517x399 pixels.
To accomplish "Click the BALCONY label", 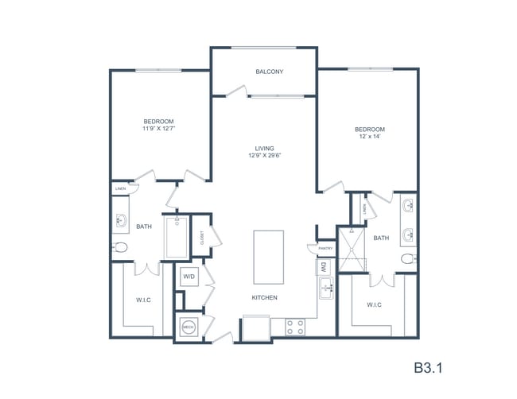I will click(x=270, y=72).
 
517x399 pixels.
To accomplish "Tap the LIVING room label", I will click(x=265, y=149).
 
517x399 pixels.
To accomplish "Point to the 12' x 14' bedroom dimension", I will click(x=370, y=137).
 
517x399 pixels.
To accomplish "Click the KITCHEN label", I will click(x=266, y=298).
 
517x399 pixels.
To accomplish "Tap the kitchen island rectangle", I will click(x=269, y=257).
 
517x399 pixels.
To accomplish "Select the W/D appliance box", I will click(x=189, y=277).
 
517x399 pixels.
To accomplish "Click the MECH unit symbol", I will click(x=189, y=326).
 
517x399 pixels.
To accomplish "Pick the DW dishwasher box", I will click(x=324, y=269).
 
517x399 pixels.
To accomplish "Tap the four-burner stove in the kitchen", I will click(x=295, y=326).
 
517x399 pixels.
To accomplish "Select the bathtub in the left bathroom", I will click(x=177, y=236).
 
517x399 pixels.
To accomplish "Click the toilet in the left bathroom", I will click(x=120, y=247).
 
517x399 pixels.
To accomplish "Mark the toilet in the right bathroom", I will click(x=408, y=258).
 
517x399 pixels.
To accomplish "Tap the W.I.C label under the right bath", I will click(x=375, y=304).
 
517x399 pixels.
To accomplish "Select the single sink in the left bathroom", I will click(x=122, y=220).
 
